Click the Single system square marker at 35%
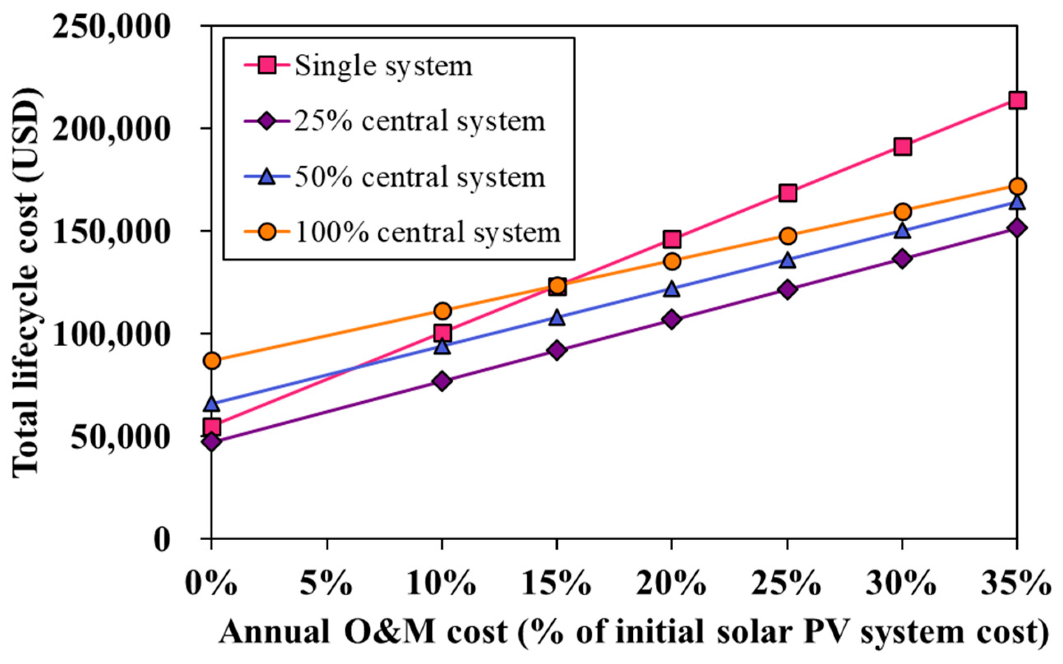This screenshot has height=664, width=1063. click(x=1017, y=101)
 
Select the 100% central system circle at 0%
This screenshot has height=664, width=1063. click(x=212, y=361)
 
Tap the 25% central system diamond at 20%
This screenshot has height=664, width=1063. click(x=672, y=319)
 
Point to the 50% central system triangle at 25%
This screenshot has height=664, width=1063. click(x=788, y=259)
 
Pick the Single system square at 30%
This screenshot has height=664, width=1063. click(x=902, y=147)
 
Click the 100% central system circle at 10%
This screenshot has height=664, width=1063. click(x=442, y=311)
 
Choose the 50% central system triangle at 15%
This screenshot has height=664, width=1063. click(x=557, y=317)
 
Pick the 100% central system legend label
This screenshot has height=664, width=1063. click(x=428, y=232)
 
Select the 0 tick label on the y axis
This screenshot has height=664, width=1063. click(x=162, y=539)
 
